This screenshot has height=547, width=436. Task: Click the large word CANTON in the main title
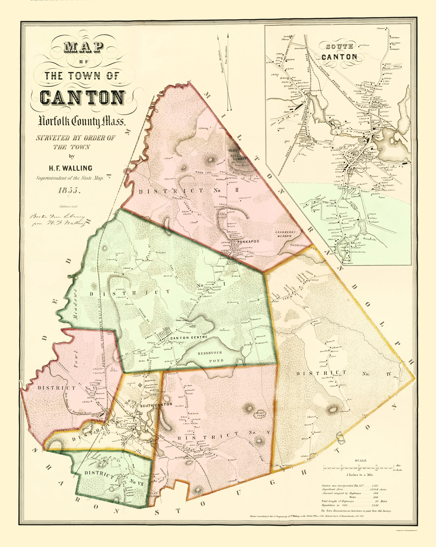pos(82,98)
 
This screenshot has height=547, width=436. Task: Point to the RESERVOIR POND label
pos(210,357)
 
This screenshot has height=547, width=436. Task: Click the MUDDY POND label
pos(260,414)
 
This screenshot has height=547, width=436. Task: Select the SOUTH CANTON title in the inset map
pos(339,52)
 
